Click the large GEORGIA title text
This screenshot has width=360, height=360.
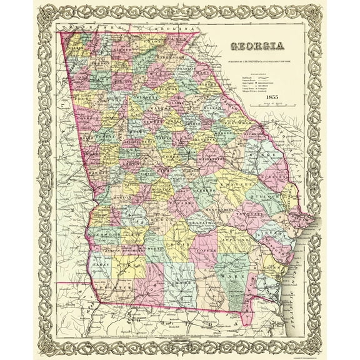coord(257,46)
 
